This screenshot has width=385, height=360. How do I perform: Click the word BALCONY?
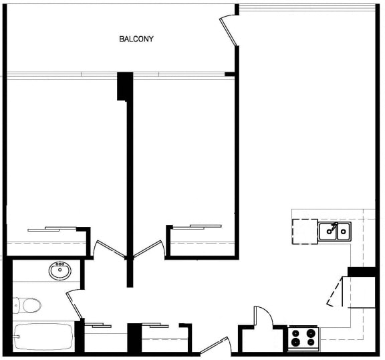[136, 39]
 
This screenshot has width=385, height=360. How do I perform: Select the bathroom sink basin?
[59, 272]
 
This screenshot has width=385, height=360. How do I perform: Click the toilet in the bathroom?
[27, 305]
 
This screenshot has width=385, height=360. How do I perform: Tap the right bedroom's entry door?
[148, 249]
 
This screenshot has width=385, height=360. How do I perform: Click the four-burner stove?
[303, 338]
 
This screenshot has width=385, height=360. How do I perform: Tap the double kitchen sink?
[334, 232]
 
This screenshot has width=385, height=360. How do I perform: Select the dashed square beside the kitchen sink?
[304, 232]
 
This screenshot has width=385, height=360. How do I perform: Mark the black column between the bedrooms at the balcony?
[125, 86]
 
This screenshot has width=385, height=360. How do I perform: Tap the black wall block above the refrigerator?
[361, 272]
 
